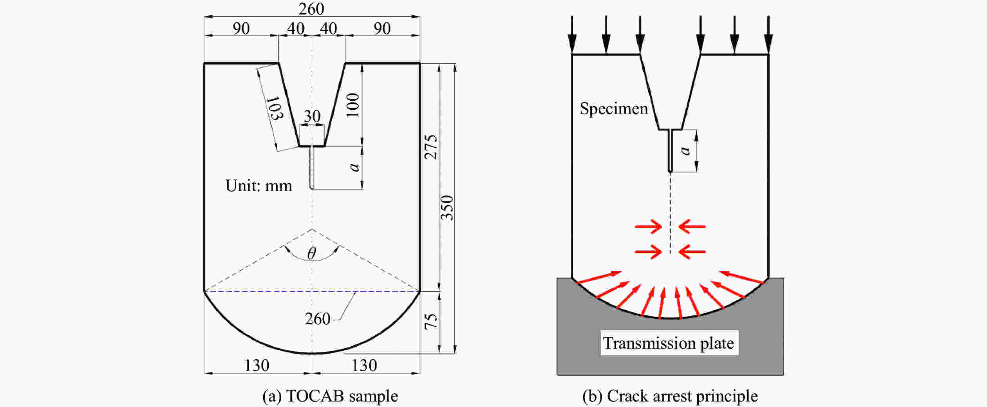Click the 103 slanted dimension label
(274, 109)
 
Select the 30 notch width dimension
(312, 116)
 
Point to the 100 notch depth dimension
(353, 105)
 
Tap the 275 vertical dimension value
(431, 147)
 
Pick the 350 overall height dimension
(447, 208)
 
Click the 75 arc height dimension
(431, 321)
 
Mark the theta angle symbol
(312, 253)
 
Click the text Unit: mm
(258, 186)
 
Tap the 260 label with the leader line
(317, 319)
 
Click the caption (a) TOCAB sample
(330, 396)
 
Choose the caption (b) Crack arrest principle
(670, 396)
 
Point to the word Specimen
(614, 109)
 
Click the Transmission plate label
(669, 343)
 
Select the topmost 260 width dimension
(311, 9)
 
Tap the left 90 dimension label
(241, 29)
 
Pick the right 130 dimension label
(364, 365)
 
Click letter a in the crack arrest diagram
(685, 150)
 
